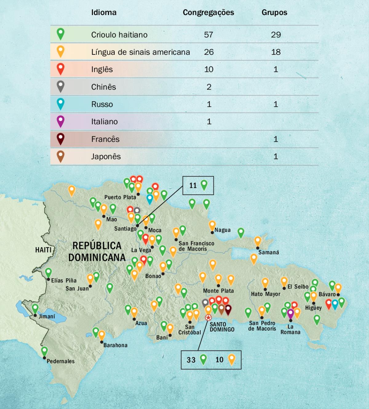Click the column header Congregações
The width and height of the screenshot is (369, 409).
[x=208, y=13]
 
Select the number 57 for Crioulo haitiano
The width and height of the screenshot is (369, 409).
[x=208, y=35]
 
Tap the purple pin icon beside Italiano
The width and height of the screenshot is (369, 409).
[x=61, y=121]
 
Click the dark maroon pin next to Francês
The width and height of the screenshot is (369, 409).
[x=61, y=139]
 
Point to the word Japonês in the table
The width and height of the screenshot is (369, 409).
[x=106, y=157]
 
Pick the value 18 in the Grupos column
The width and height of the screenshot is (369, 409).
[x=276, y=52]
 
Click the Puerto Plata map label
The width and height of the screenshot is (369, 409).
[x=120, y=197]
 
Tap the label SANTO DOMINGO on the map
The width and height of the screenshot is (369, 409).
[x=222, y=327]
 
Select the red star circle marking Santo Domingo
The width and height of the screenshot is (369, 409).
[x=208, y=318]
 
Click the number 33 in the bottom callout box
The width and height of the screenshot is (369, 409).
[x=191, y=360]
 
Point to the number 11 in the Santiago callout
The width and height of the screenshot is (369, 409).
[x=193, y=185]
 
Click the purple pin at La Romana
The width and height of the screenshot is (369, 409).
[x=290, y=313]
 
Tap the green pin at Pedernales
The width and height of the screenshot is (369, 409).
[x=45, y=351]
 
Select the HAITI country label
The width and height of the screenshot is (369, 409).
[x=43, y=250]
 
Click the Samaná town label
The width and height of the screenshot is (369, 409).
[x=268, y=252]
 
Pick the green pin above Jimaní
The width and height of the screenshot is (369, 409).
[x=35, y=308]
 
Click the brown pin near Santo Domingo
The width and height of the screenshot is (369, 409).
[x=221, y=308]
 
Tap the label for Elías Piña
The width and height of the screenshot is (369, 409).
[x=64, y=280]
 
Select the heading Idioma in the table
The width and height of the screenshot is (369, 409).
[x=104, y=13]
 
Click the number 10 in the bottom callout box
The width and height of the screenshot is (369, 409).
[x=219, y=360]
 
